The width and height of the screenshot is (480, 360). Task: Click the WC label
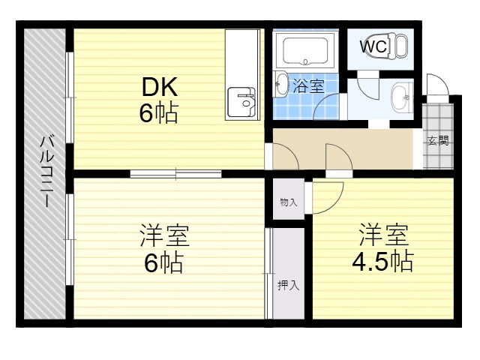click(x=373, y=46)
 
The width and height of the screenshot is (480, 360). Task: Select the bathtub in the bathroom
click(x=305, y=50)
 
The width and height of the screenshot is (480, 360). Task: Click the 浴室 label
click(x=308, y=86)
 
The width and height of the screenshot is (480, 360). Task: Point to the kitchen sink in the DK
click(x=241, y=102)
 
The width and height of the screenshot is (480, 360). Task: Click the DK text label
click(x=160, y=87)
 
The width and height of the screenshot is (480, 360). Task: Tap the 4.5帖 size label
click(x=382, y=262)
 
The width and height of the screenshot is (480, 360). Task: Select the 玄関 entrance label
click(x=438, y=140)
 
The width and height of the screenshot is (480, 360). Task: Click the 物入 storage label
click(x=288, y=202)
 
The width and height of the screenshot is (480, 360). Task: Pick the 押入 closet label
click(x=288, y=285)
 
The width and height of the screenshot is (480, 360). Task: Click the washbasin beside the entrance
click(x=400, y=97)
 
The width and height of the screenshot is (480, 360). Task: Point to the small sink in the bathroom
click(x=280, y=83)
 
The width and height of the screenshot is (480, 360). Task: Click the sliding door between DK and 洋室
click(x=175, y=173)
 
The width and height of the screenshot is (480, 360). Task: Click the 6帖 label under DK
click(x=159, y=112)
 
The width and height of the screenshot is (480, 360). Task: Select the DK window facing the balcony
click(x=70, y=97)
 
